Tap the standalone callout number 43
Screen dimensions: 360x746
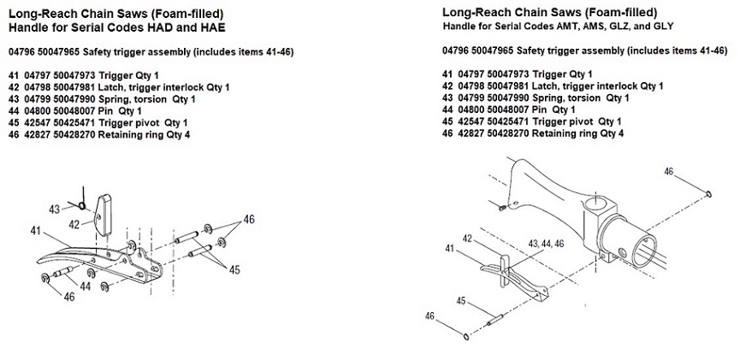point(55,208)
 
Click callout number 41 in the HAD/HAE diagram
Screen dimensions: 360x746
point(36,230)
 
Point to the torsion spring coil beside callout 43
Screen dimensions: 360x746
point(80,205)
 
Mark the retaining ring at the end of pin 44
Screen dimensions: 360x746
point(44,279)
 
